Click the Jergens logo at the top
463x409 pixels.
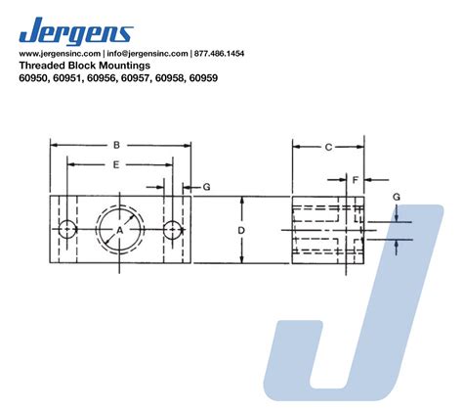point(76,31)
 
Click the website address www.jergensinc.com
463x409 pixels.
point(60,54)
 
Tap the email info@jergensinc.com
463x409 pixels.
point(147,54)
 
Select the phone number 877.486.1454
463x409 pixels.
point(219,54)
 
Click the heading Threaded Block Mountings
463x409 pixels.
point(85,66)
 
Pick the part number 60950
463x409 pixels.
point(33,78)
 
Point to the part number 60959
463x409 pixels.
point(203,78)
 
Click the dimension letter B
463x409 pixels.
point(116,145)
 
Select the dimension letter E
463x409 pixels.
point(116,165)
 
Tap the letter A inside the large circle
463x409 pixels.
point(120,231)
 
